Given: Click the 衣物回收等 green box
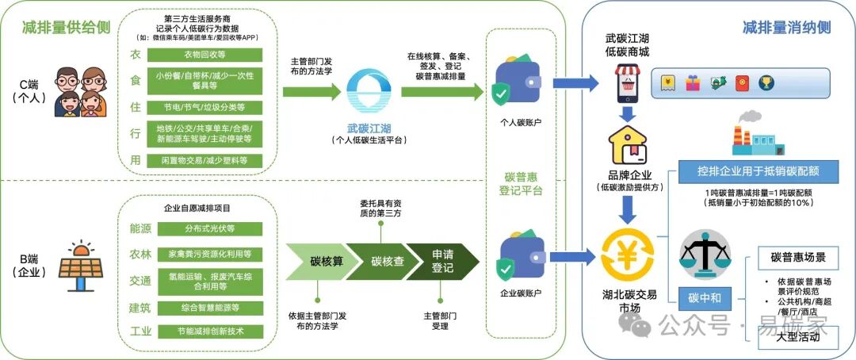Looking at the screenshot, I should pyautogui.click(x=204, y=56).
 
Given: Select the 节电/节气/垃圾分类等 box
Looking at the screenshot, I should pyautogui.click(x=204, y=107).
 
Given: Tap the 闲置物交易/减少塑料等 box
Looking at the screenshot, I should pyautogui.click(x=204, y=161).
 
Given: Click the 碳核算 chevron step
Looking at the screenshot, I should pyautogui.click(x=316, y=262).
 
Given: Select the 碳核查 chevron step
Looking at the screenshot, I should pyautogui.click(x=377, y=262).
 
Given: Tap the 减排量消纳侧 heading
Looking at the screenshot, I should pyautogui.click(x=786, y=28).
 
